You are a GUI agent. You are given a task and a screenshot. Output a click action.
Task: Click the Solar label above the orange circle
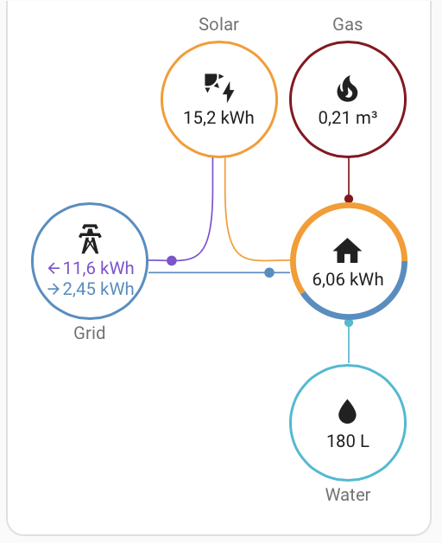(218, 24)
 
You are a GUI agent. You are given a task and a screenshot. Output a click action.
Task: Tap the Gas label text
(348, 24)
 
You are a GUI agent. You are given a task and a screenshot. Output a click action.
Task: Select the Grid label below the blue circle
(89, 333)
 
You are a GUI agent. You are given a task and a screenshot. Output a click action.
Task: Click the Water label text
(348, 495)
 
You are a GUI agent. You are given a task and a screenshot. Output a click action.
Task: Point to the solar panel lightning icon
(219, 87)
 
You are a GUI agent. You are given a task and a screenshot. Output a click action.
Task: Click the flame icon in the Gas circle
(347, 88)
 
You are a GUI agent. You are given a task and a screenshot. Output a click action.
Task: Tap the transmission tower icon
(90, 239)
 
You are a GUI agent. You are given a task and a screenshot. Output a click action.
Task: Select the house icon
(347, 251)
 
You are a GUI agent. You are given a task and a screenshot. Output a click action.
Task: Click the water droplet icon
(347, 412)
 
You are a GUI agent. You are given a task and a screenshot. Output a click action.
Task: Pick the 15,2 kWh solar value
(218, 118)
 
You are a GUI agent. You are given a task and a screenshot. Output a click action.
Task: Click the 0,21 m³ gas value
(348, 118)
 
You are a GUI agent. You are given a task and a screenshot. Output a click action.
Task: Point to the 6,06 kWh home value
(348, 279)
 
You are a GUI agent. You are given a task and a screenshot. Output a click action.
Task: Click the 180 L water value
(348, 441)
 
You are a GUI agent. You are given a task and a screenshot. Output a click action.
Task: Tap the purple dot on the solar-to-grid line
(172, 260)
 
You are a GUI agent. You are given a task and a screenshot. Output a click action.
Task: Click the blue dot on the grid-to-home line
(269, 272)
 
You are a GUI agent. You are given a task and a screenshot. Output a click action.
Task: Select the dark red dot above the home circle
(349, 199)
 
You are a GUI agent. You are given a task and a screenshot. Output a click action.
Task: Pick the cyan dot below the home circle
(349, 323)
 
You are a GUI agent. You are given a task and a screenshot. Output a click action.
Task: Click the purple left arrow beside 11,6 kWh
(54, 268)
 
